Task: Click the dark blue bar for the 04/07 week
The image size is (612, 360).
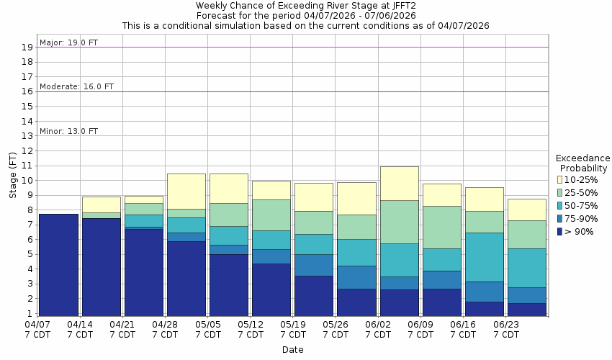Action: pos(58,265)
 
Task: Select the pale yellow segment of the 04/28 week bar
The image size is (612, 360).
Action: pos(186,191)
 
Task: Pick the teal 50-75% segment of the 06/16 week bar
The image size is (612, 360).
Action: pos(484,257)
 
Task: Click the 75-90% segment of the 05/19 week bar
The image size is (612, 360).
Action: pos(314,265)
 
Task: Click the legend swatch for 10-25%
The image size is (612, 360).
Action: pos(560,179)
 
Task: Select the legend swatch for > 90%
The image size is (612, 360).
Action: pos(560,231)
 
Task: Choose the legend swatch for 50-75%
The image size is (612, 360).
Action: pos(560,205)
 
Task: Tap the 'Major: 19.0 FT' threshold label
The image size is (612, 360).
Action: pos(69,42)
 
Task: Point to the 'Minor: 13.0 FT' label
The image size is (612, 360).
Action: pos(69,131)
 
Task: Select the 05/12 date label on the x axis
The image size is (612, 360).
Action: pos(250,324)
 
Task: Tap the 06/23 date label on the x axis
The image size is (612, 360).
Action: pos(505,324)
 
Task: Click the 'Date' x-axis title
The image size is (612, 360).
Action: pos(292,350)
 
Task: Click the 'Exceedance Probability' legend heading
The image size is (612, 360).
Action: pos(583,163)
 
